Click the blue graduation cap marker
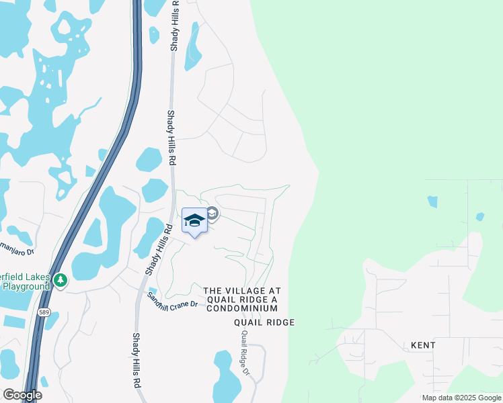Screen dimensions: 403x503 [x=194, y=220]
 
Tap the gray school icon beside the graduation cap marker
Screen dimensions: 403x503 [x=212, y=214]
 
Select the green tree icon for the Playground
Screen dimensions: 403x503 [x=61, y=279]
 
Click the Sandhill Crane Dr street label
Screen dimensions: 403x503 [x=172, y=300]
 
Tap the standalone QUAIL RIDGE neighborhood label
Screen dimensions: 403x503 [x=264, y=323]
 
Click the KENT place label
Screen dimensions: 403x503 [x=423, y=345]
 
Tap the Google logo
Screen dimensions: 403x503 [x=22, y=395]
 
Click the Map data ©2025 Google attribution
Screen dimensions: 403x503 [x=461, y=398]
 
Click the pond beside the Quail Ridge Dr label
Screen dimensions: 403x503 [x=227, y=376]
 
